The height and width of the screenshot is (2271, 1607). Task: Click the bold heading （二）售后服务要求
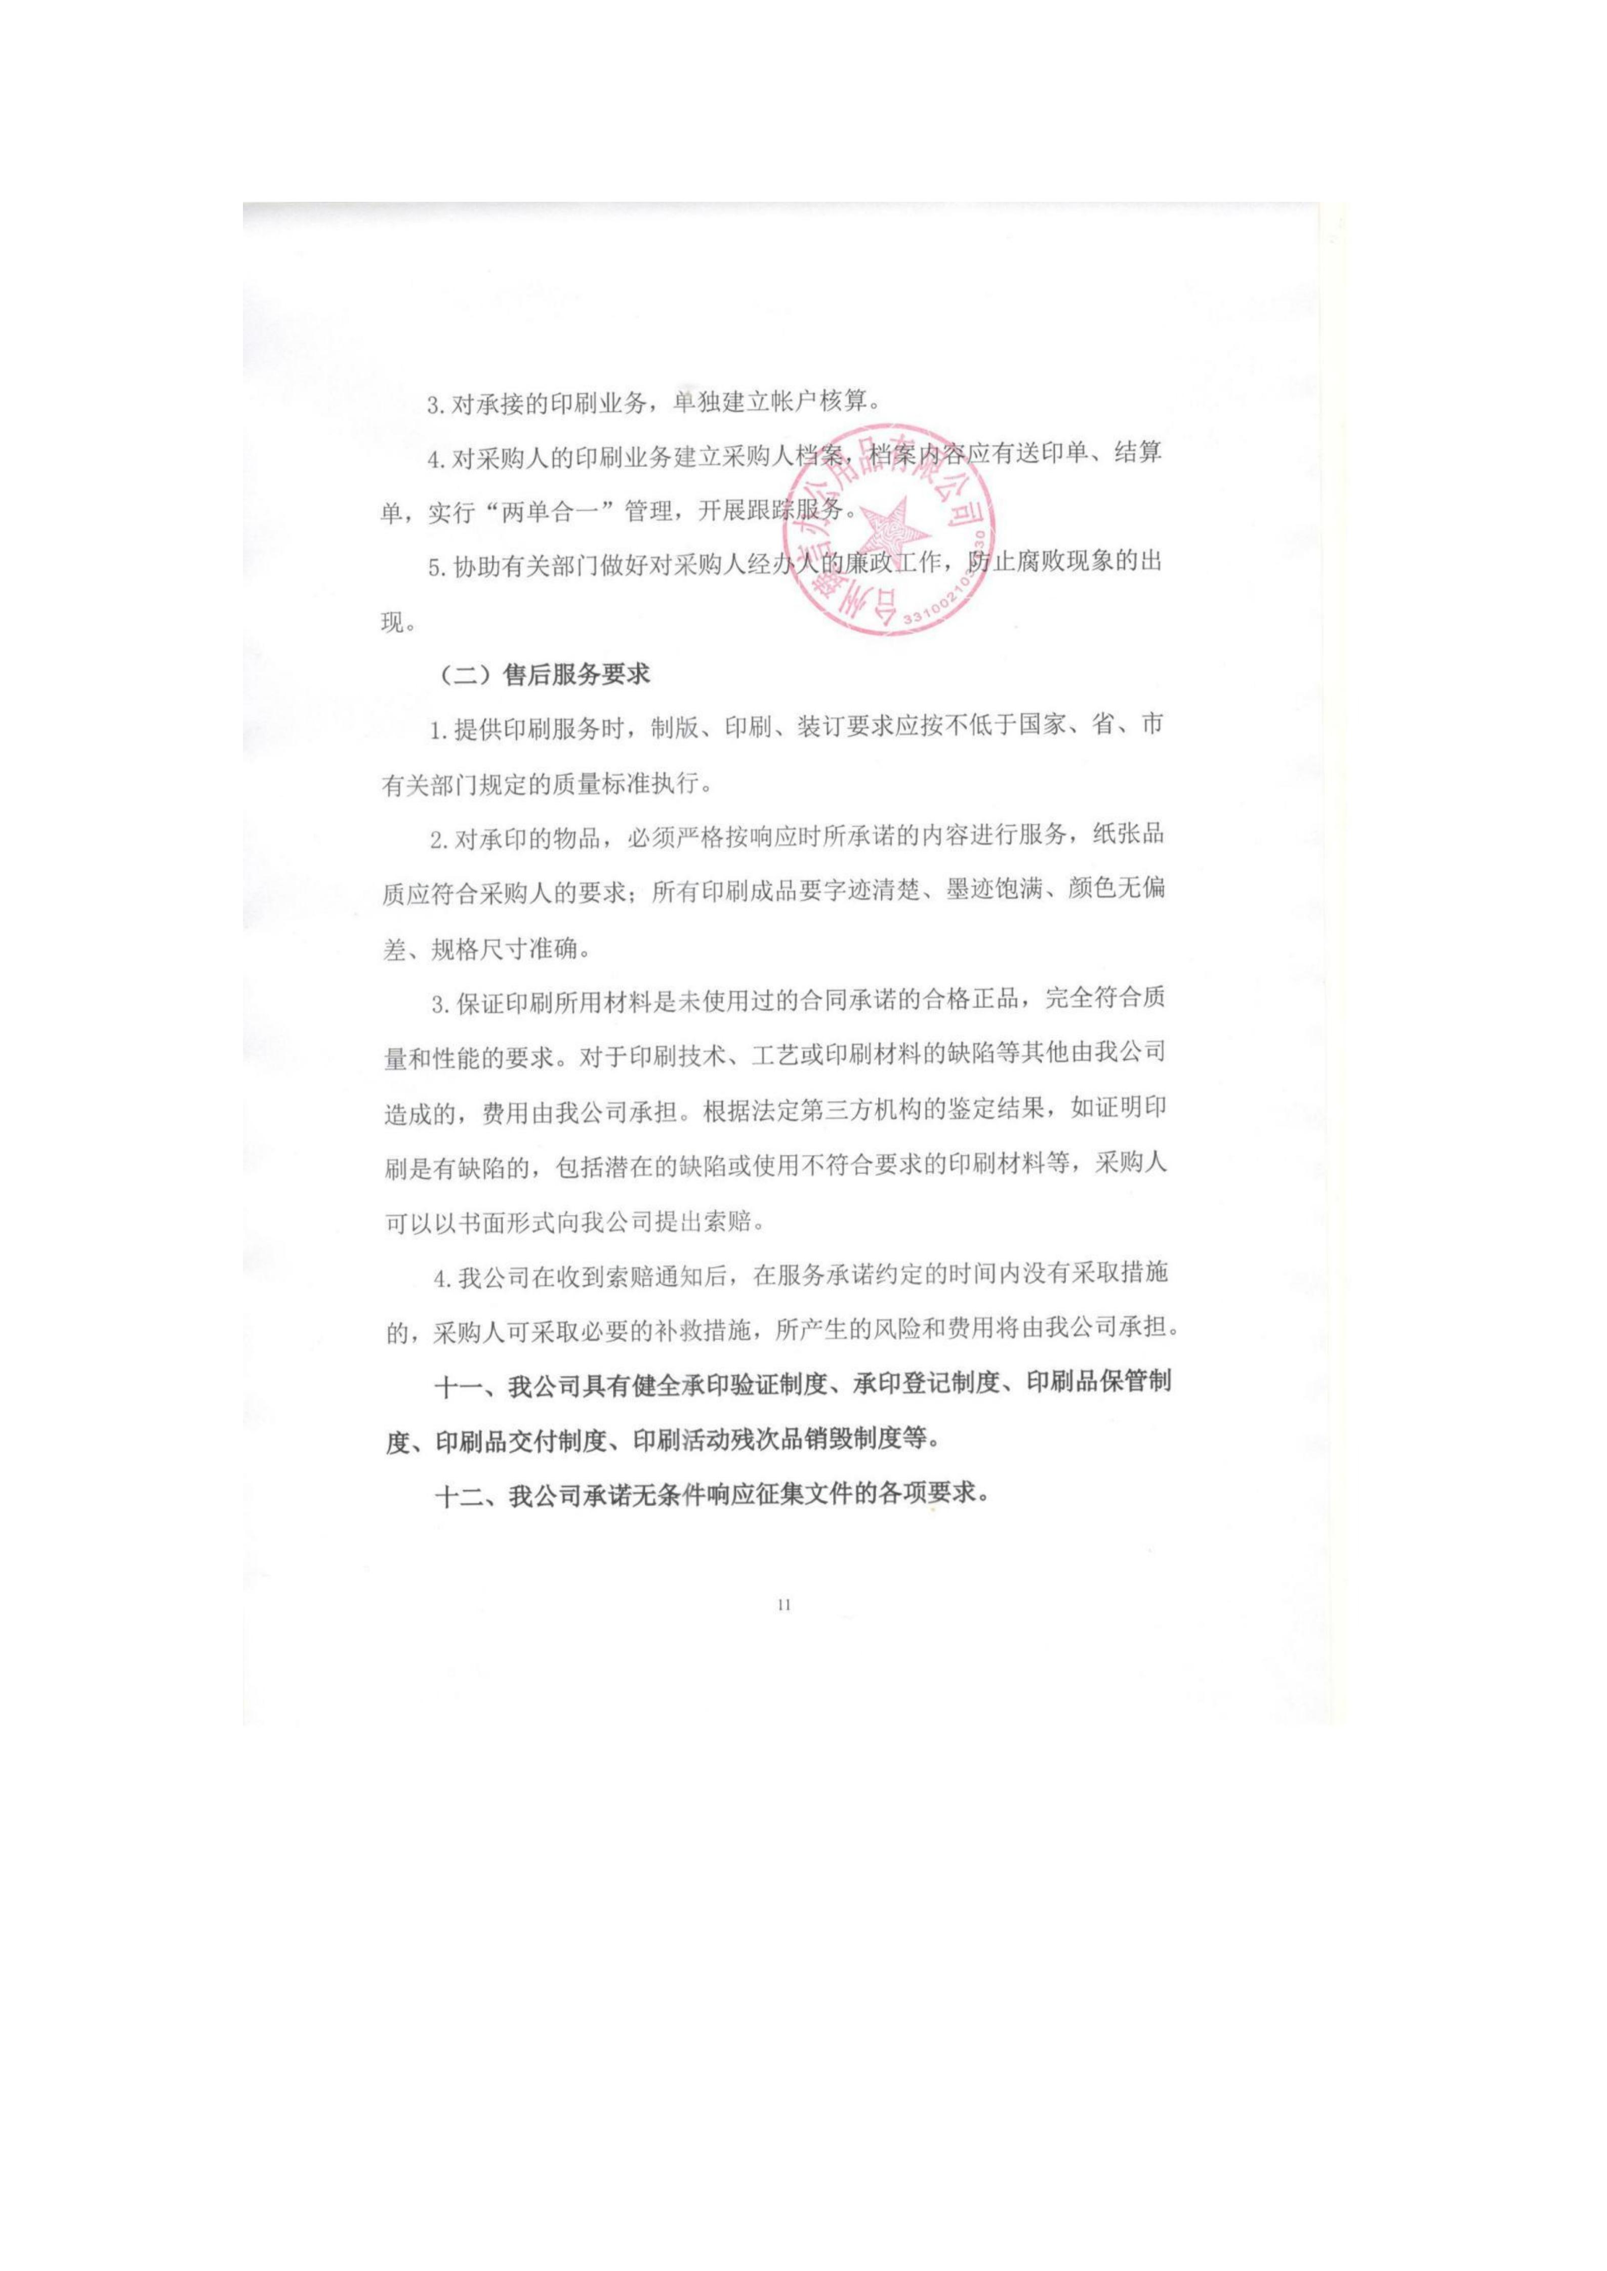[542, 675]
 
